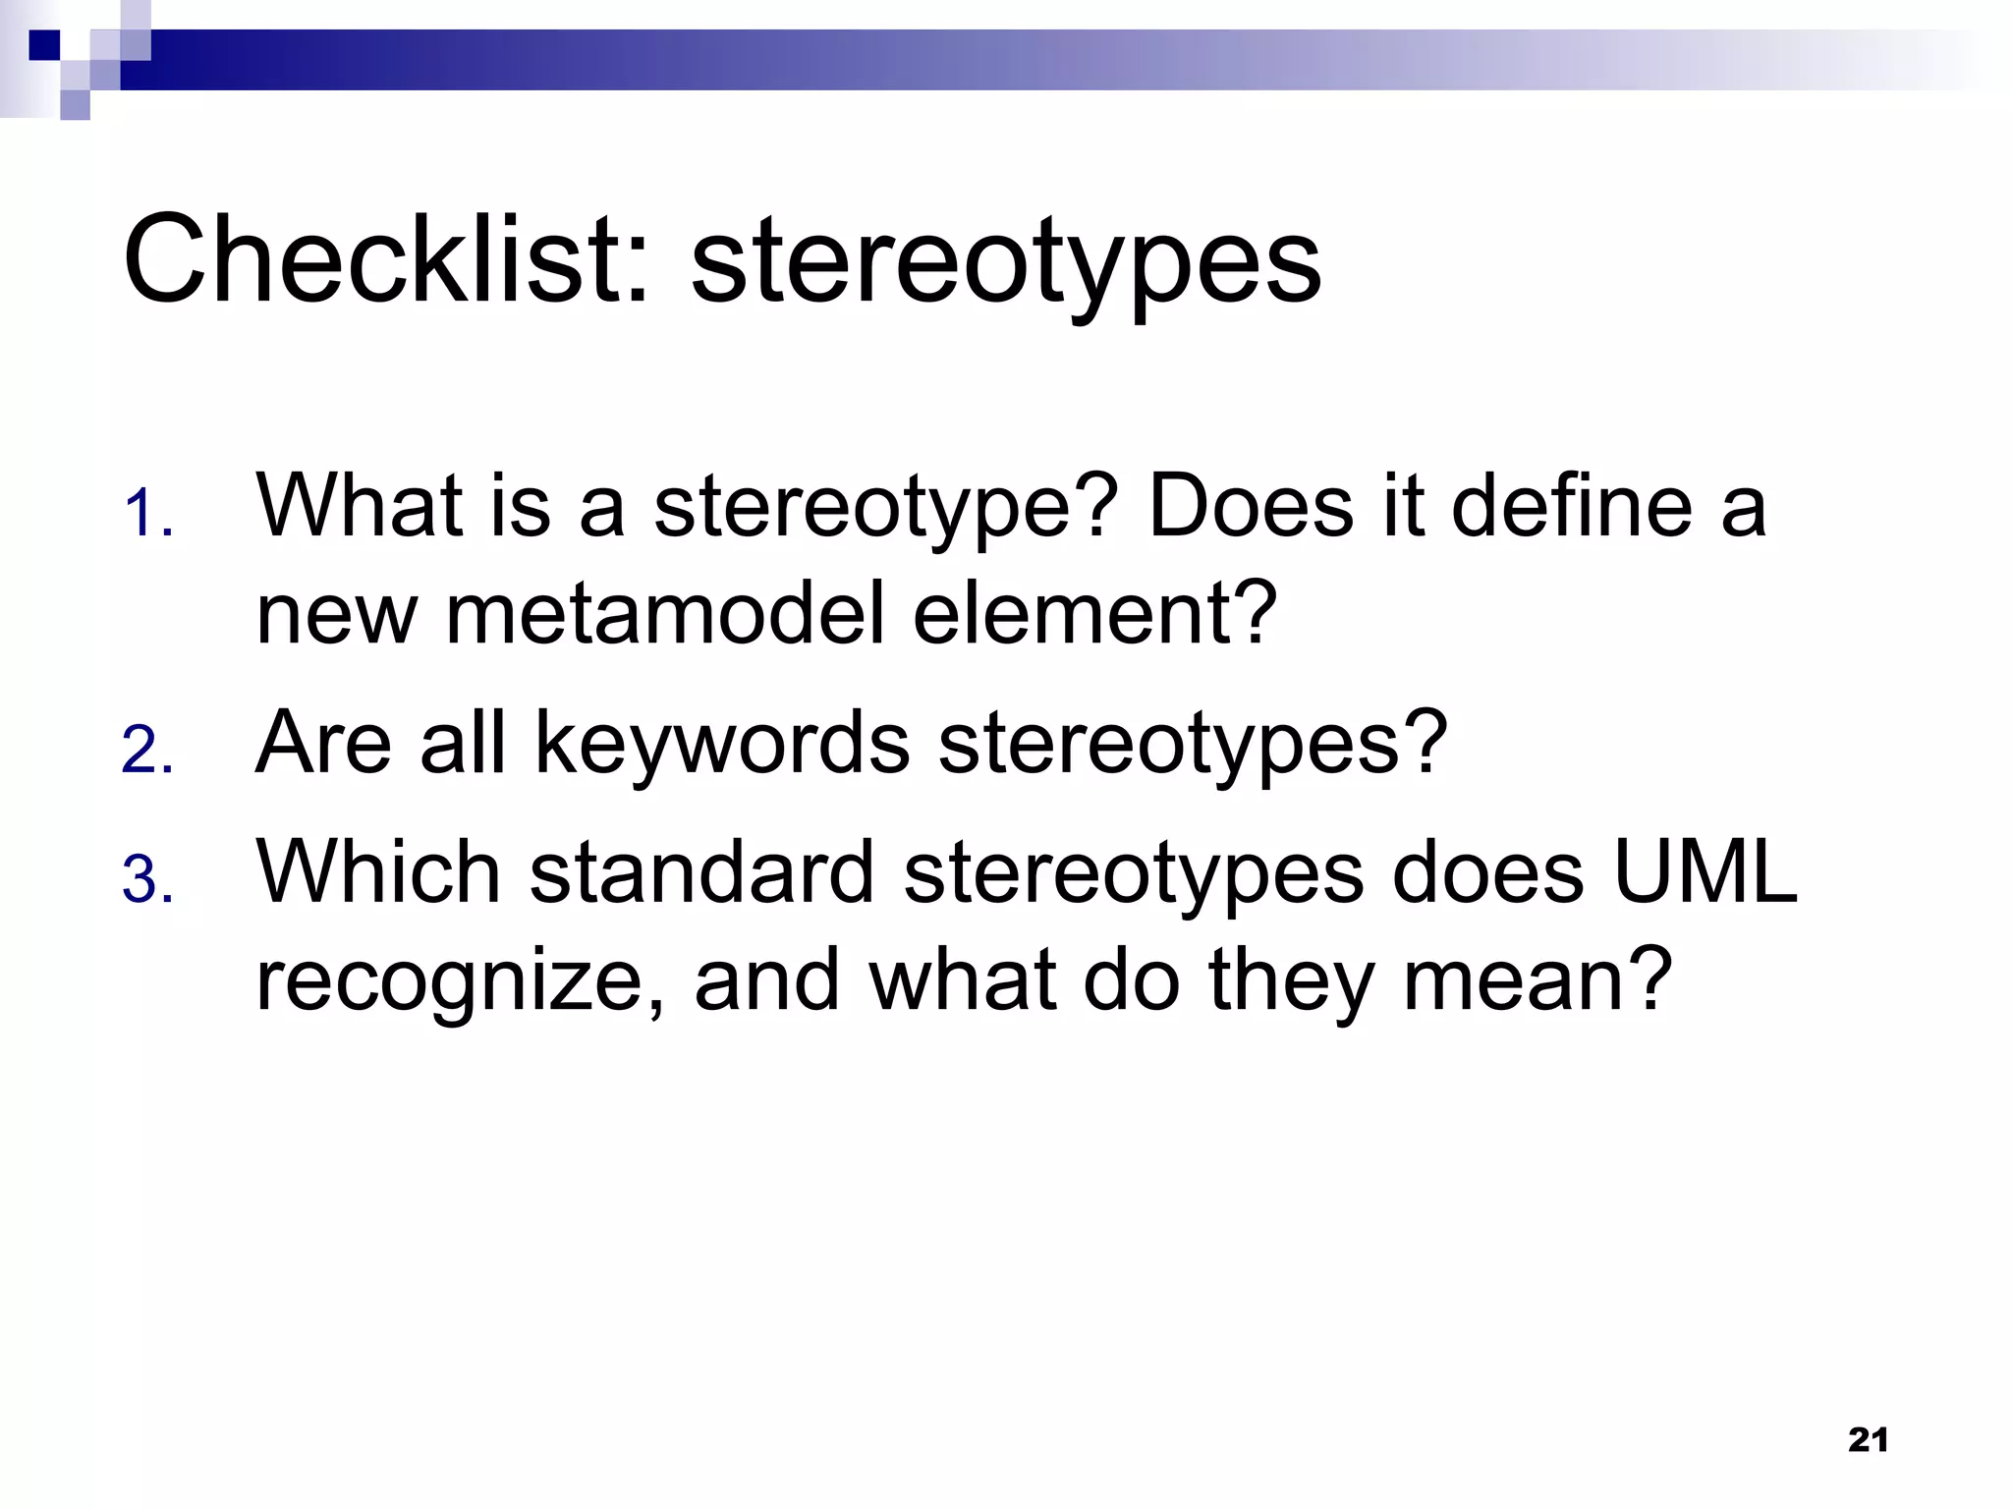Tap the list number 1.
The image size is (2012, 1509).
pyautogui.click(x=147, y=516)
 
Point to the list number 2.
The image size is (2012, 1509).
pyautogui.click(x=147, y=752)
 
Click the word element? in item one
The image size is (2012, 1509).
pyautogui.click(x=1094, y=614)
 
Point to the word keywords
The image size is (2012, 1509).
pyautogui.click(x=722, y=744)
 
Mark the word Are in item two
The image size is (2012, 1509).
pyautogui.click(x=323, y=744)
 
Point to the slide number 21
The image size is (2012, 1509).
pyautogui.click(x=1868, y=1440)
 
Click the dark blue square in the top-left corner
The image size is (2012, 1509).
pyautogui.click(x=44, y=45)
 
